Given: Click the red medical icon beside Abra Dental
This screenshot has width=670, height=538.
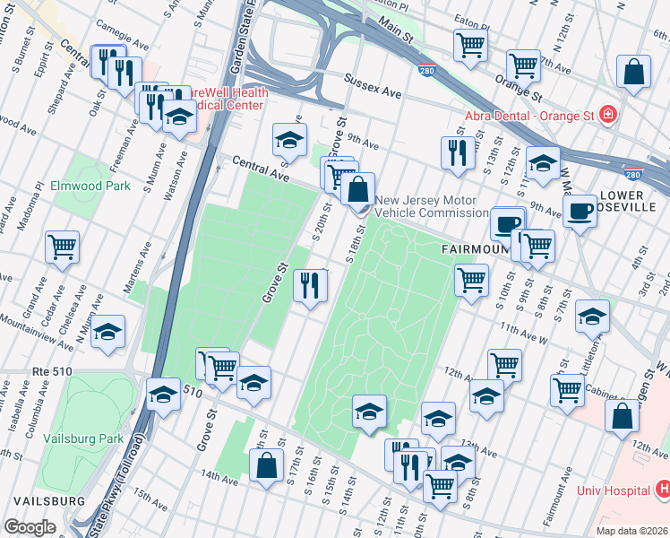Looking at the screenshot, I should coord(608,114).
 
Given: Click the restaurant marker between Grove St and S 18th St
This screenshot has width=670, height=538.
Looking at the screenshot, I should coord(311,286).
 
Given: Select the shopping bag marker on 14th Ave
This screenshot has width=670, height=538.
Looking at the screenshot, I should coord(266,464).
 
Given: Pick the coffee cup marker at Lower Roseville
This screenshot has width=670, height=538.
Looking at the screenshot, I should coord(580,211).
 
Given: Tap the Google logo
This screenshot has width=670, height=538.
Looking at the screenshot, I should coord(30,526).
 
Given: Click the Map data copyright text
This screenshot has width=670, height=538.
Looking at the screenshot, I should coord(631,531).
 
